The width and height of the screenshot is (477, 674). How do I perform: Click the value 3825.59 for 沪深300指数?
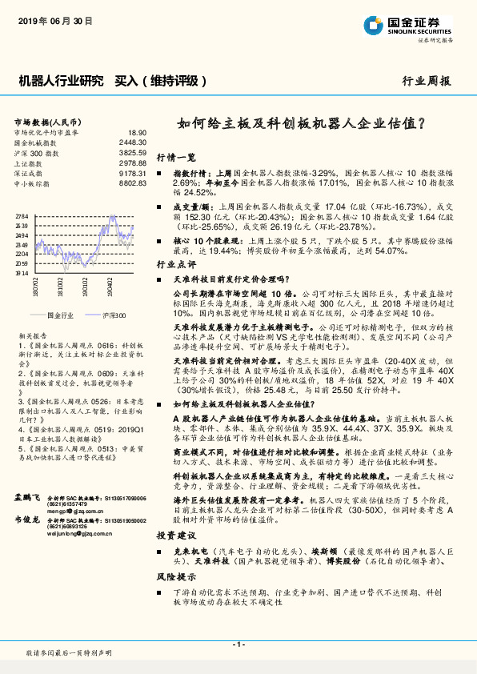(x=132, y=152)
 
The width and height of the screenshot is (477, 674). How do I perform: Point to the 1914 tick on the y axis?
(x=22, y=272)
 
